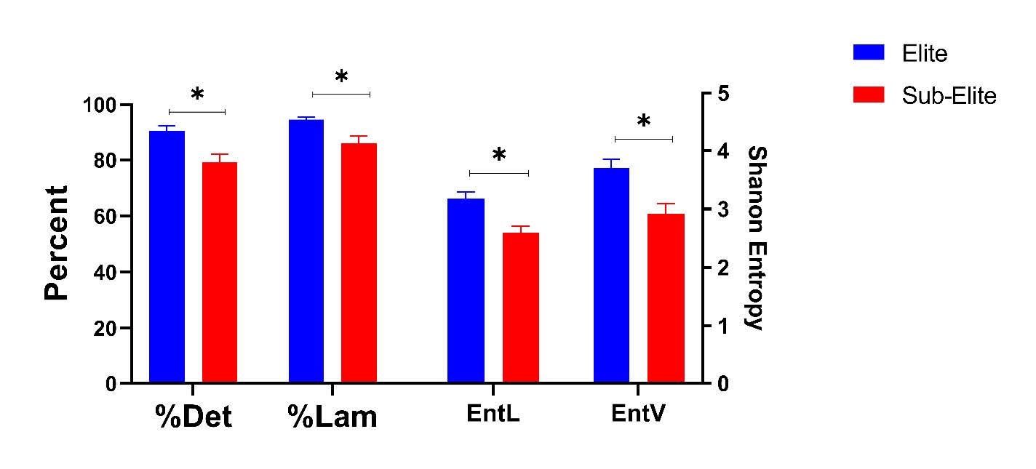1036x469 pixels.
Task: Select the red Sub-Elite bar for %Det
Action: coord(220,272)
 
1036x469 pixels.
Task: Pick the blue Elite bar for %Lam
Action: coord(306,251)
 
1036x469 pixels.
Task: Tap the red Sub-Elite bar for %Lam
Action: coord(359,262)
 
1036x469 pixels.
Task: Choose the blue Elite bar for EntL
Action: coord(466,290)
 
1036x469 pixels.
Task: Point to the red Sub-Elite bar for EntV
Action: coord(666,298)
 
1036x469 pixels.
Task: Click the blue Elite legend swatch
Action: coord(868,52)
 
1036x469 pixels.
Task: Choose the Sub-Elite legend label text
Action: coord(949,95)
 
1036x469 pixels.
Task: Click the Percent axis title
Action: coord(57,243)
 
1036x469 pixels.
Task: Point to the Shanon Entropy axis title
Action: coord(757,238)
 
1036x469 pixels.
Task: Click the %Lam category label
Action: coord(332,417)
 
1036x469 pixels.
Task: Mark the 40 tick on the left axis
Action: coord(105,272)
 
